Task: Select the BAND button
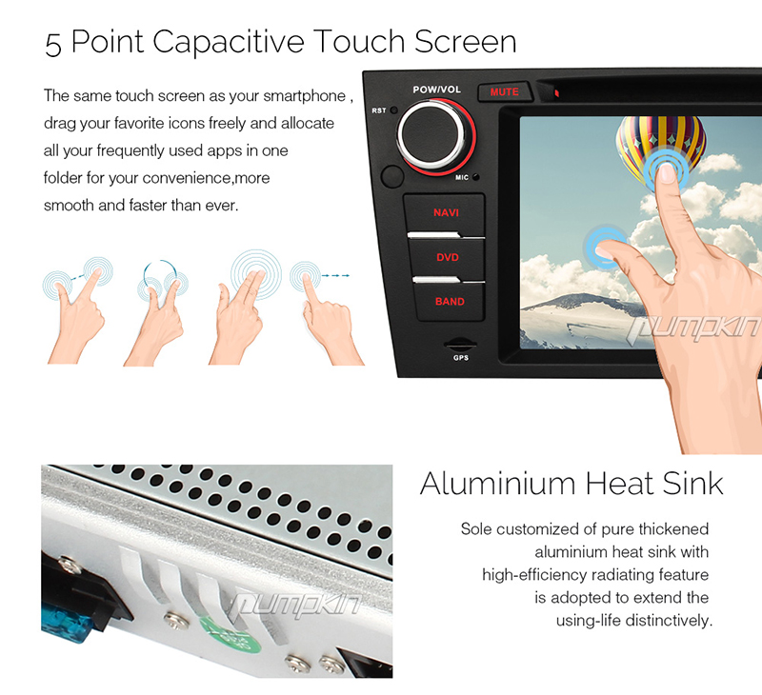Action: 450,302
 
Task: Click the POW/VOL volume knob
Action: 436,135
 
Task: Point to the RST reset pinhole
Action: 393,110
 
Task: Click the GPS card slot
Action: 460,345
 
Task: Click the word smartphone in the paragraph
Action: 304,96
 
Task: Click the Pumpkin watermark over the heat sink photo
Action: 295,606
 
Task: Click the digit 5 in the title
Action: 53,44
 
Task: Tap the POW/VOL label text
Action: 436,89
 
